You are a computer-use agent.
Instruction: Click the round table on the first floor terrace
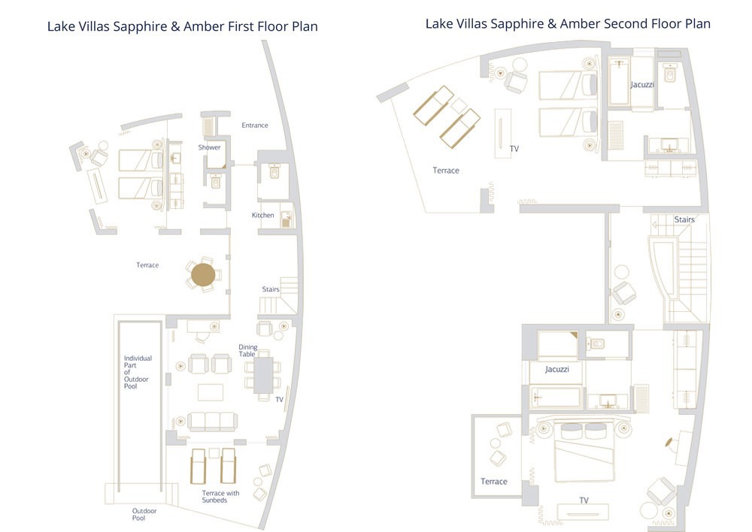point(202,275)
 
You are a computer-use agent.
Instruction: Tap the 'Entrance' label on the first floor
point(254,125)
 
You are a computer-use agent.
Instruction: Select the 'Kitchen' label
point(262,216)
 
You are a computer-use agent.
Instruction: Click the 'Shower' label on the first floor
point(209,147)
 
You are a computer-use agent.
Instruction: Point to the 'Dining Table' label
point(247,351)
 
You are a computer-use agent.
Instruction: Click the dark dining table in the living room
point(263,374)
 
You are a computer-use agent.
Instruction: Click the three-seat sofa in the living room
point(212,421)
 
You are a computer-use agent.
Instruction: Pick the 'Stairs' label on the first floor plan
point(271,289)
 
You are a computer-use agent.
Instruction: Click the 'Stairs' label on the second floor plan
point(684,219)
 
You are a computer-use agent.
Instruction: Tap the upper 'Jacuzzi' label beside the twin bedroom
point(642,85)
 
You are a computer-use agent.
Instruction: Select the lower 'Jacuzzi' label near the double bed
point(556,370)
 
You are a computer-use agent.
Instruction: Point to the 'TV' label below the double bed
point(584,500)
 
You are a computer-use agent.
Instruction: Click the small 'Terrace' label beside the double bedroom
point(494,482)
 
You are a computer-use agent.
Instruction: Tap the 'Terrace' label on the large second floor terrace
point(445,171)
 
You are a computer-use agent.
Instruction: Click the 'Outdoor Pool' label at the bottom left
point(144,515)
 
